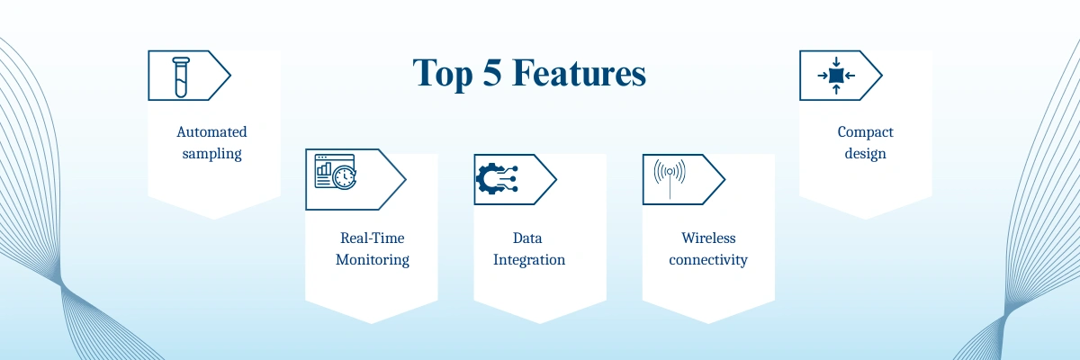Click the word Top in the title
pos(442,73)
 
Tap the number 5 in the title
pos(491,72)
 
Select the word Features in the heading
pos(579,73)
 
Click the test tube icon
pos(181,77)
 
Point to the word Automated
pos(211,131)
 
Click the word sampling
pos(211,154)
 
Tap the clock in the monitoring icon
pos(345,177)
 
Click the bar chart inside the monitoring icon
pos(324,168)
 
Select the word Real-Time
pos(373,238)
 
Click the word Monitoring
pos(373,260)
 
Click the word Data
pos(527,238)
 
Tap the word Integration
pos(529,260)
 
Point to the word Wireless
pos(708,238)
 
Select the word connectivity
pos(707,260)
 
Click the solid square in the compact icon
pos(836,76)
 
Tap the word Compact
pos(866,132)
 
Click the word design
pos(866,154)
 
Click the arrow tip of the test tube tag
pos(230,76)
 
